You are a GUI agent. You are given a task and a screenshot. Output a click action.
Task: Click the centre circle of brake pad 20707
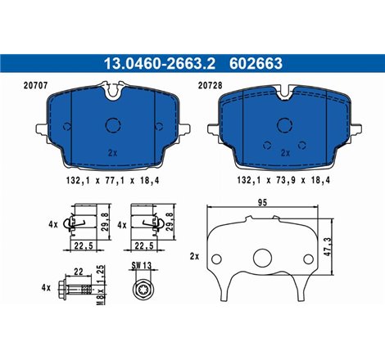(x=112, y=125)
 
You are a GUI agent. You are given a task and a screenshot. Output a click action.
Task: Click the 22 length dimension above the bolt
(x=78, y=271)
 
